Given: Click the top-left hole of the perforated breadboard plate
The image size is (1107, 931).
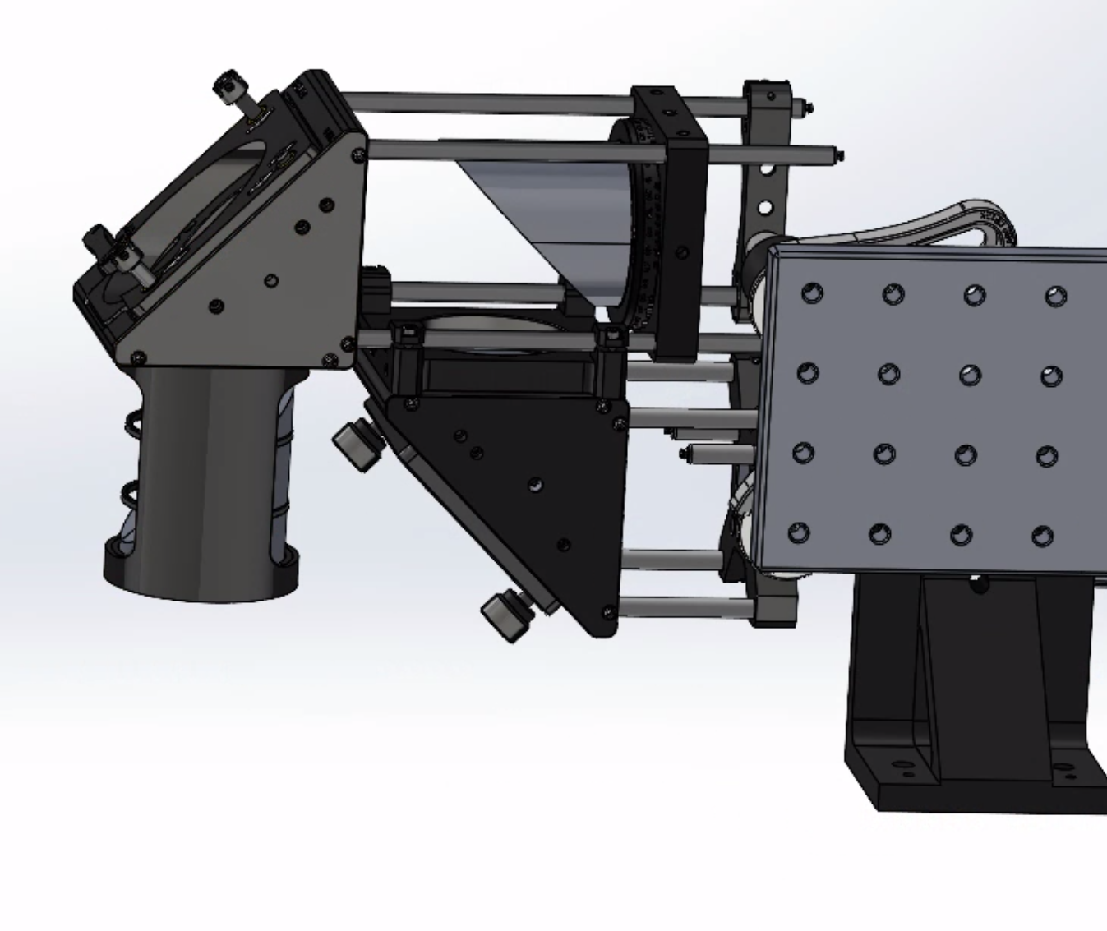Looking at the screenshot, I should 812,293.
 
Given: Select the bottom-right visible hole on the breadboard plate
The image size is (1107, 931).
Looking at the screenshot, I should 1042,537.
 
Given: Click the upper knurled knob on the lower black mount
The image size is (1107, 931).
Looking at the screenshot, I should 355,446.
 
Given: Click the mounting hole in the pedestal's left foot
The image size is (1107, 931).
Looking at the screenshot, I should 905,771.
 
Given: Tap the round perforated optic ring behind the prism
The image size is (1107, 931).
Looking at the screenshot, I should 641,230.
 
